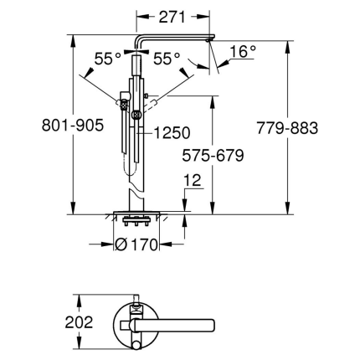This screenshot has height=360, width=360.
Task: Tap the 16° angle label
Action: point(242,52)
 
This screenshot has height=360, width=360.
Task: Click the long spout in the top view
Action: point(172,321)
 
